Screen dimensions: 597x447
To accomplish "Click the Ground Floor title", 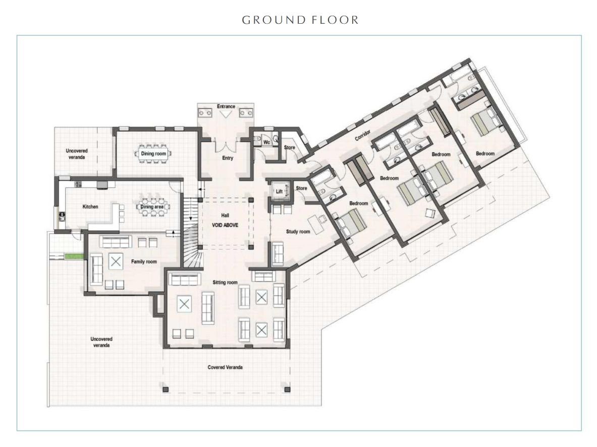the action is coord(300,20).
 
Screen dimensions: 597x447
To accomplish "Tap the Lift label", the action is coord(279,191).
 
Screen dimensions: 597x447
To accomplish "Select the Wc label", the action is coord(267,142).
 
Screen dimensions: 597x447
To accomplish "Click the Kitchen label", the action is coord(90,207).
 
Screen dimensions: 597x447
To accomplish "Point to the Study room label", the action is coord(298,231).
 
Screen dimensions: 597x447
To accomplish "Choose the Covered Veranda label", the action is coord(225,367).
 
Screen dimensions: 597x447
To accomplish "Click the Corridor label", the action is coord(363,135).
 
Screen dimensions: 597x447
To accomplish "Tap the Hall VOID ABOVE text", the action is coord(225,220).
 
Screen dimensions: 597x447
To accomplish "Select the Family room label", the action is coord(144,262).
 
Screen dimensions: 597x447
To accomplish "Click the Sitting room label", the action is coord(225,282).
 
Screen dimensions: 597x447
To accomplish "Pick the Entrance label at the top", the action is coord(226,106).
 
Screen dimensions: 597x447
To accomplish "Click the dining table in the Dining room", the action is coord(153,154).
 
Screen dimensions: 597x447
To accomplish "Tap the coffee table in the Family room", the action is coord(116,262).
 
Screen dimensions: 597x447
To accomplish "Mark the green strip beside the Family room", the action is coord(74,257).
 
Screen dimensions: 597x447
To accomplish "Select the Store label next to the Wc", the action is coord(289,147).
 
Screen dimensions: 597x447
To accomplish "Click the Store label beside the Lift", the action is coord(302,188).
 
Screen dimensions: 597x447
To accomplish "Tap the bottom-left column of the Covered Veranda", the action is coord(165,389).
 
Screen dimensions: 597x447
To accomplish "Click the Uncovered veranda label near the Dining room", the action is coord(77,154).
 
